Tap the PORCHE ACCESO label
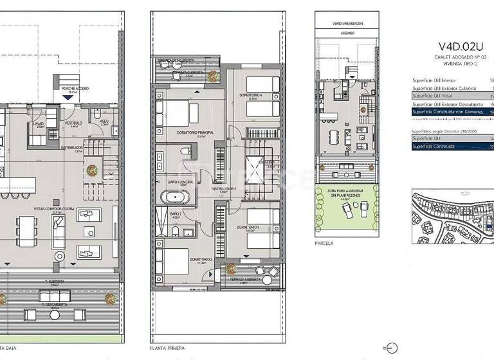75,88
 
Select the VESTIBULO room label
73,122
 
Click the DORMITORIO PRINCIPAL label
194,132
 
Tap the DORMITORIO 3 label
248,227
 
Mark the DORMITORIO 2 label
201,259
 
